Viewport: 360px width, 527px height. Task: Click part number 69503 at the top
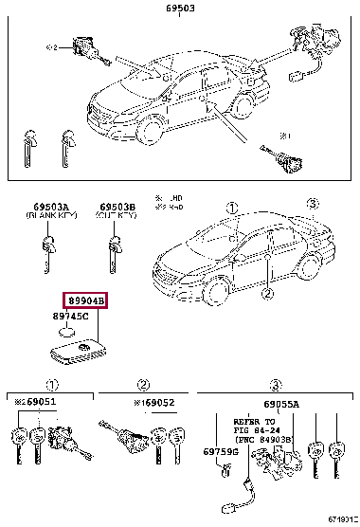(181, 8)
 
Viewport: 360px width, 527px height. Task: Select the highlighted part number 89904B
(85, 301)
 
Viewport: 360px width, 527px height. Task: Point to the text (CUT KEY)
(117, 216)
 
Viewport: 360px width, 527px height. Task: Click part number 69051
(41, 402)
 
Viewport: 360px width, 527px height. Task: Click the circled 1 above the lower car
(231, 204)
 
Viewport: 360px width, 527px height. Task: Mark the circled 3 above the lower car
(315, 204)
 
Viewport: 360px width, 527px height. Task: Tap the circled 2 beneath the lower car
(268, 295)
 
